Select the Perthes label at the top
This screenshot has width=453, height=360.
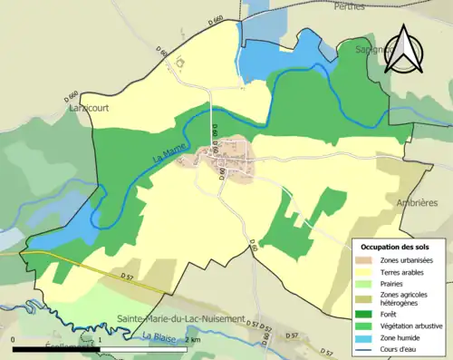click(x=348, y=6)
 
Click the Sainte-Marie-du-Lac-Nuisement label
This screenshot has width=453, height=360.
click(x=182, y=319)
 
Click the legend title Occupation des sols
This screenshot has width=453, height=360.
click(x=397, y=247)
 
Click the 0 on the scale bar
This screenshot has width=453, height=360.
click(x=14, y=340)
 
